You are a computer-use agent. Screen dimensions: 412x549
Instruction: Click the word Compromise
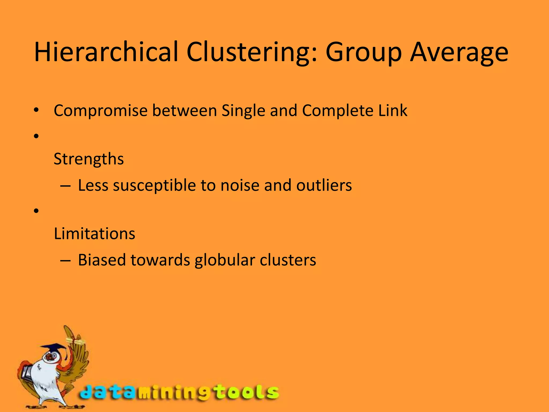pyautogui.click(x=101, y=111)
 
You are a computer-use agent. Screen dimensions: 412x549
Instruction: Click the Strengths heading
pyautogui.click(x=89, y=159)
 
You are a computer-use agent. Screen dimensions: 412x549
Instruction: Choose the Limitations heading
pyautogui.click(x=94, y=233)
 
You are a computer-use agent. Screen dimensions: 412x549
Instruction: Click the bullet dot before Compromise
pyautogui.click(x=36, y=110)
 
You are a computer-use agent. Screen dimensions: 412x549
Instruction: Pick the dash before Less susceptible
pyautogui.click(x=65, y=186)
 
